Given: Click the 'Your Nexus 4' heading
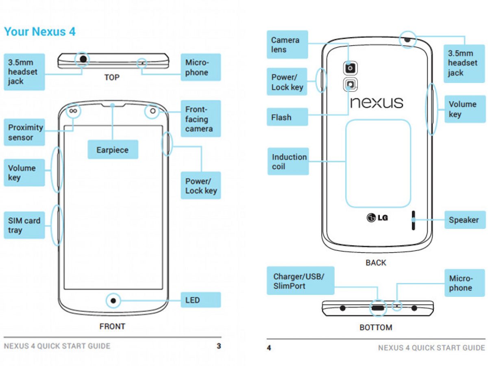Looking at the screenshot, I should tap(40, 32).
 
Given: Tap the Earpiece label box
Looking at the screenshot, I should tap(113, 150).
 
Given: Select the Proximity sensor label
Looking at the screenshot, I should tap(25, 132).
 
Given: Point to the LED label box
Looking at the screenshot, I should tap(200, 300).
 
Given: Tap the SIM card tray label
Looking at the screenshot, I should tap(24, 225).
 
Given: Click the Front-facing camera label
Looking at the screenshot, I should tap(200, 119).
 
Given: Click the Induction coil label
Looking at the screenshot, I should tap(288, 161).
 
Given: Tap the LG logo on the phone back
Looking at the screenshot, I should tap(377, 218).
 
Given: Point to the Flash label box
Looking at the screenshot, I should tap(287, 118).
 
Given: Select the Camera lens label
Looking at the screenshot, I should tap(287, 45).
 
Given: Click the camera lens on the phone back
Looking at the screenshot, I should tap(351, 68).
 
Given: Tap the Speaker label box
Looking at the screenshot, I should tap(464, 220).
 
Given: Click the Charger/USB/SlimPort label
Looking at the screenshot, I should tap(300, 281).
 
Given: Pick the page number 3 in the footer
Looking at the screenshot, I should tap(219, 346).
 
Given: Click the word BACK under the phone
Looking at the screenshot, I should tap(376, 263).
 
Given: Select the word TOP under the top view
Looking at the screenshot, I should tap(112, 77).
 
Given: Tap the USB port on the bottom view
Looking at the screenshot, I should tap(378, 308).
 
